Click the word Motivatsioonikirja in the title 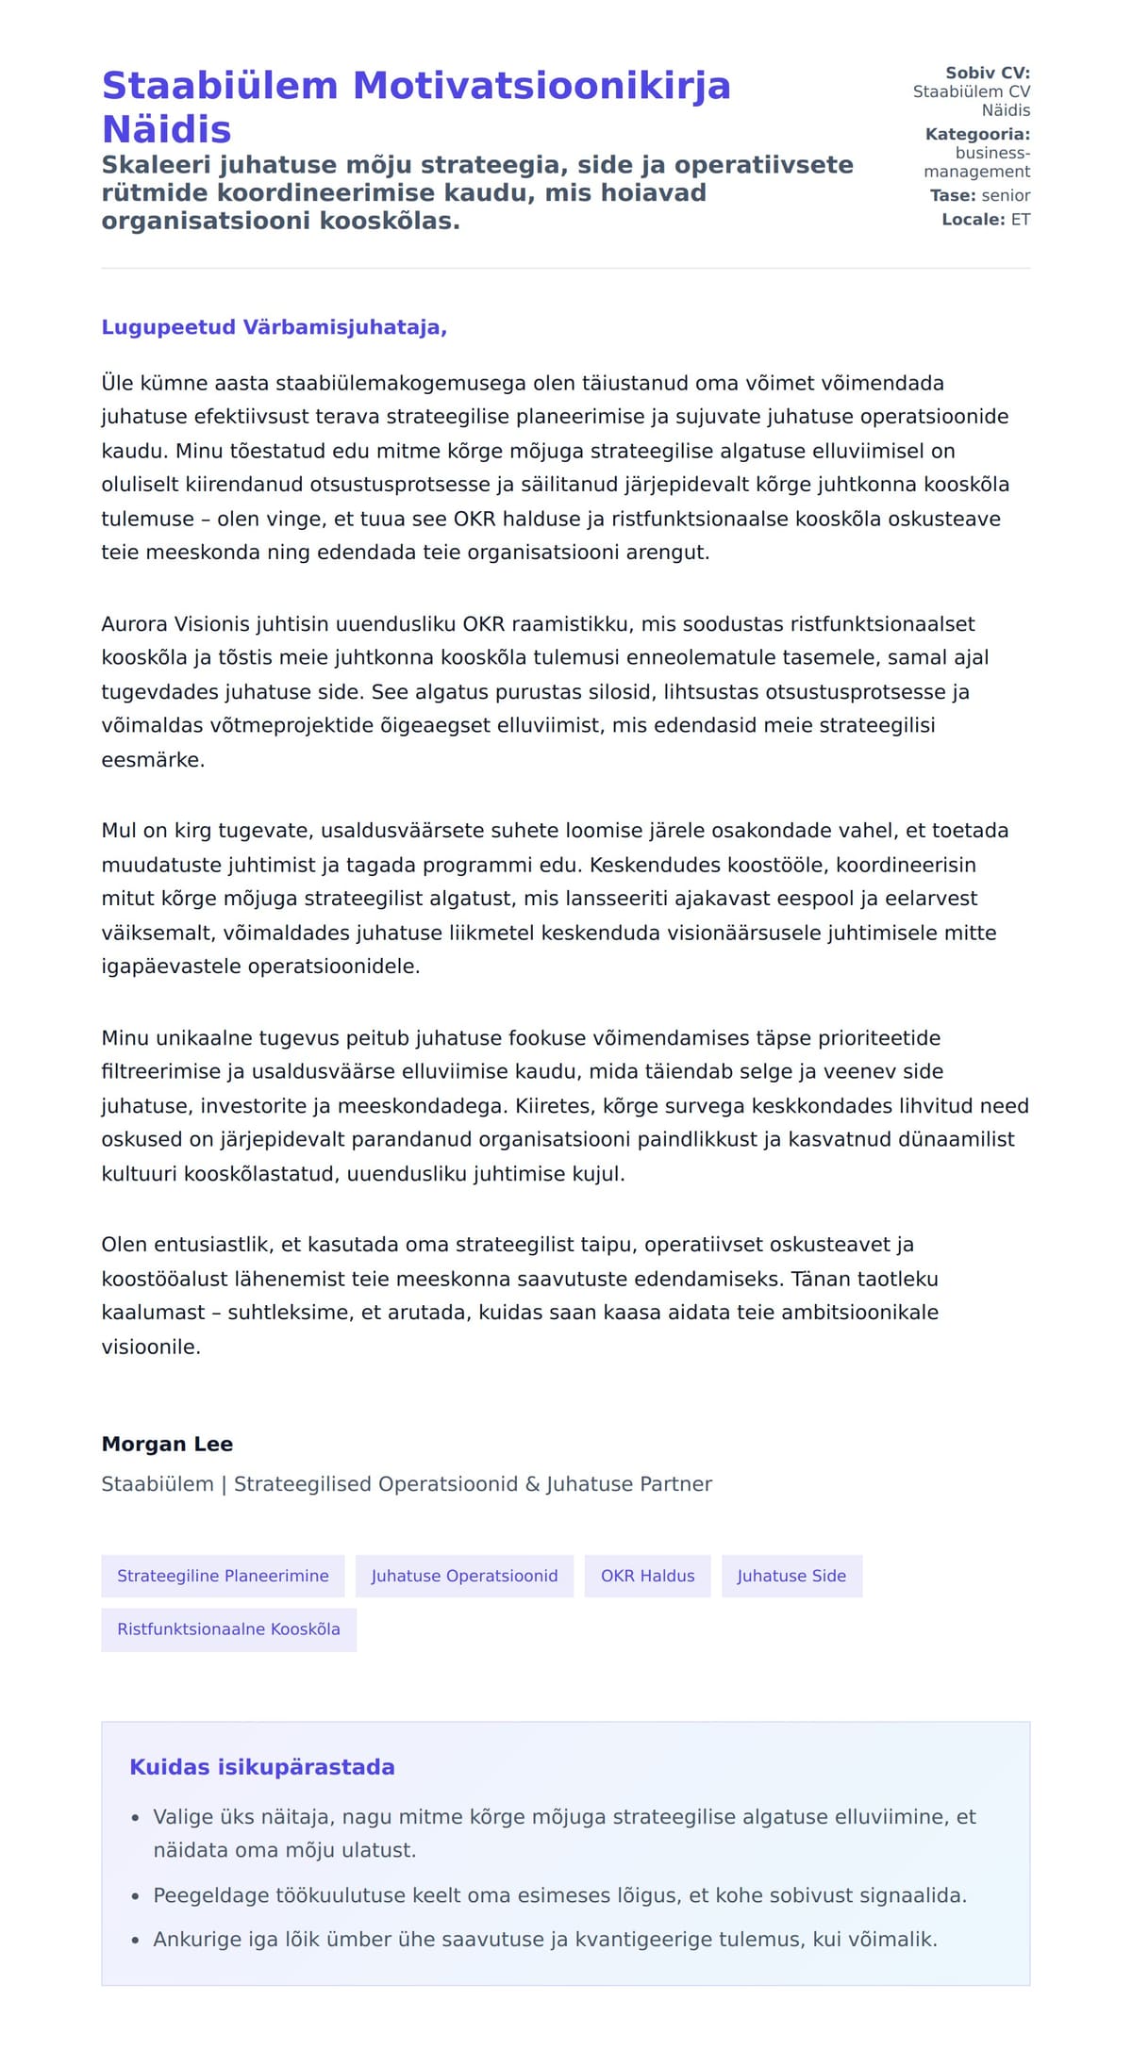(x=541, y=86)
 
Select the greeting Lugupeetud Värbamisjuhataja (x=274, y=327)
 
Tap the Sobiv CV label (x=987, y=73)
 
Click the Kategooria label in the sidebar (x=977, y=134)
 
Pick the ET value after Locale (x=1021, y=220)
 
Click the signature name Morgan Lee (x=167, y=1444)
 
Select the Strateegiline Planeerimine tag (x=223, y=1576)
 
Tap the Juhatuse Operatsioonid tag (x=464, y=1576)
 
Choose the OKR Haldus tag (x=647, y=1576)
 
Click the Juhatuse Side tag (x=791, y=1576)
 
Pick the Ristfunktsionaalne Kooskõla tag (x=228, y=1629)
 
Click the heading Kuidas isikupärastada (x=261, y=1767)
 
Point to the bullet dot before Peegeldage (x=135, y=1896)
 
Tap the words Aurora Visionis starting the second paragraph (x=175, y=624)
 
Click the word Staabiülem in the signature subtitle (x=158, y=1484)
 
